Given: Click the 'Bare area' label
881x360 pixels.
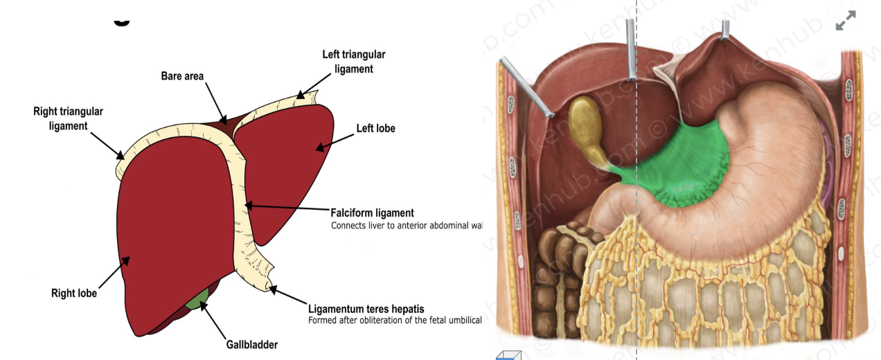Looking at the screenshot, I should (182, 76).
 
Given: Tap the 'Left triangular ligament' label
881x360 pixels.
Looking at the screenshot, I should (353, 62).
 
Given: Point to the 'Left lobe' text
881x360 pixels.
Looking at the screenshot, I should (375, 128).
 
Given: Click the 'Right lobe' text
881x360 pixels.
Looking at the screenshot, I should (74, 294).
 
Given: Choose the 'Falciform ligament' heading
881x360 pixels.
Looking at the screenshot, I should (372, 213).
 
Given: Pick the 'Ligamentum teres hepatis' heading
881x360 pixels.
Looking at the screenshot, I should (366, 309).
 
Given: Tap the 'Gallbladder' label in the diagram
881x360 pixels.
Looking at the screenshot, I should (251, 344).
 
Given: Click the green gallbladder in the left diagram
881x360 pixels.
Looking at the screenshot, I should (199, 299).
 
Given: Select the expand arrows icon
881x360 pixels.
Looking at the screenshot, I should (845, 21).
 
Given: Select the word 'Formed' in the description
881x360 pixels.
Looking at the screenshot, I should (323, 321).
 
